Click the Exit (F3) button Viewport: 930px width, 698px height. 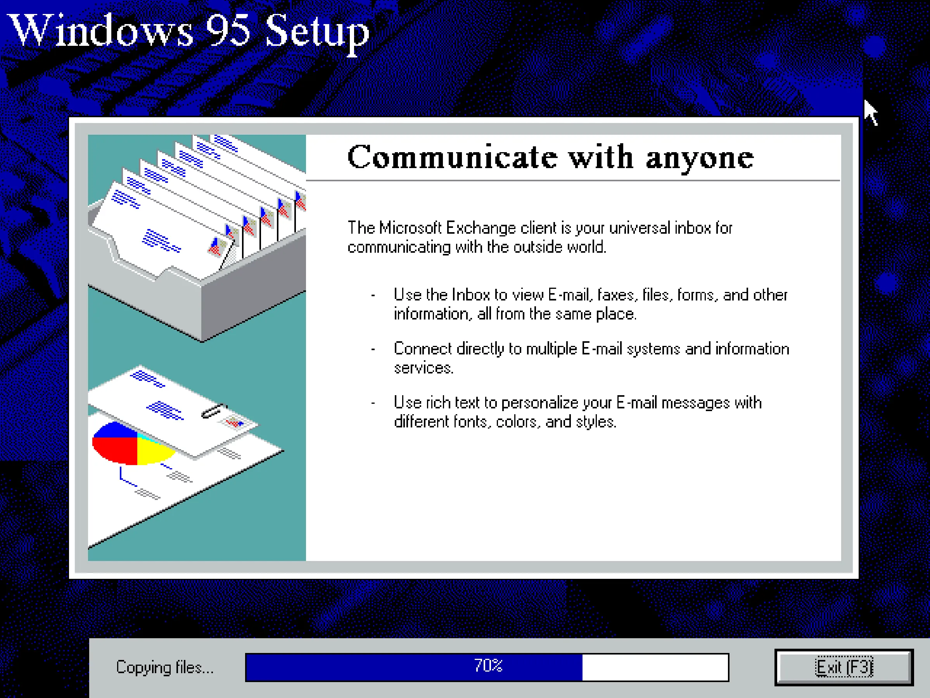pyautogui.click(x=844, y=667)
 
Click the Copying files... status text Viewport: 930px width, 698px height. pyautogui.click(x=165, y=668)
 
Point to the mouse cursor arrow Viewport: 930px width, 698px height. pyautogui.click(x=870, y=111)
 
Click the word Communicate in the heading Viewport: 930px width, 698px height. pyautogui.click(x=452, y=157)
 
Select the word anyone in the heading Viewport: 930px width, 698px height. pyautogui.click(x=700, y=158)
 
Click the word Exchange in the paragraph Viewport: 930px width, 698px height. pyautogui.click(x=481, y=228)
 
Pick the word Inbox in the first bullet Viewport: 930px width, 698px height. pyautogui.click(x=470, y=295)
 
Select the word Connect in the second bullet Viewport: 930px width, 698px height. pyautogui.click(x=423, y=349)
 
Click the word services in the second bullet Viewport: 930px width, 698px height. pyautogui.click(x=424, y=368)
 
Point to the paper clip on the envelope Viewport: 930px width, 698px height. pyautogui.click(x=213, y=411)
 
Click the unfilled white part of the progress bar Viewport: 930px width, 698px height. pyautogui.click(x=655, y=667)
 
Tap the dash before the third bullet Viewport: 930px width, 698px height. pyautogui.click(x=373, y=403)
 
